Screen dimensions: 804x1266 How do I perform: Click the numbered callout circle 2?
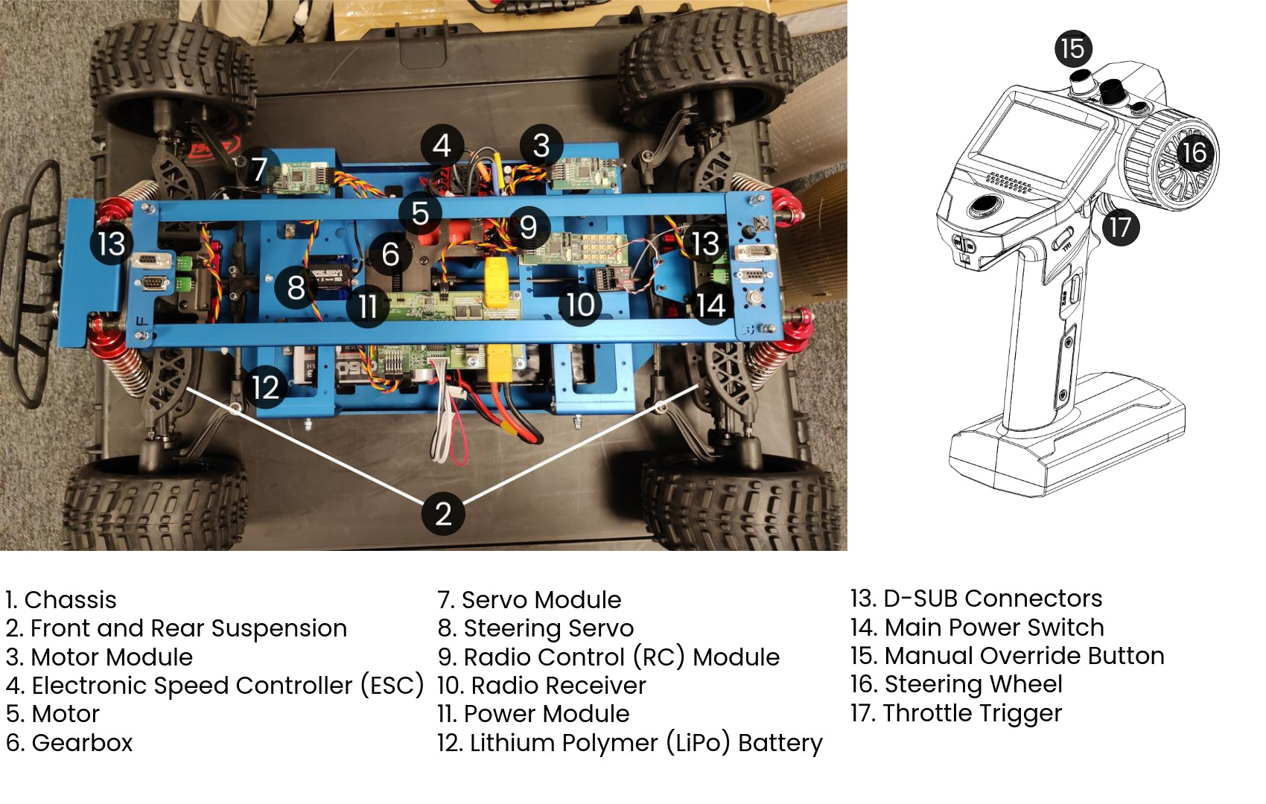coord(443,514)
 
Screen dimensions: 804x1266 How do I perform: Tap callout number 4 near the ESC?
coord(442,145)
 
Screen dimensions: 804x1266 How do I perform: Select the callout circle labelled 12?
coord(265,387)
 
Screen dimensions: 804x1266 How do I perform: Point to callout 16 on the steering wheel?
coord(1194,153)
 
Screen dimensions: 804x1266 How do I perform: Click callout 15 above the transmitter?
coord(1072,49)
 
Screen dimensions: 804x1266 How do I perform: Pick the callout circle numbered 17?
coord(1120,227)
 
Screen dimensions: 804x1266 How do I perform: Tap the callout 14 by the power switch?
coord(710,305)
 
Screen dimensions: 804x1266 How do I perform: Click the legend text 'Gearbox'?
coord(82,743)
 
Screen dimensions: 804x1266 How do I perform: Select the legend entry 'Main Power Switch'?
coord(993,628)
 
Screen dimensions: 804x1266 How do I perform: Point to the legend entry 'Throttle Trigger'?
coord(971,713)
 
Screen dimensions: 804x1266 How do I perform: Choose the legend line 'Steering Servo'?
coord(548,628)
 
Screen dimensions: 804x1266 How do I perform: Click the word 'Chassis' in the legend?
coord(70,600)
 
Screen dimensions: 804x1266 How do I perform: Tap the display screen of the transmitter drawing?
coord(1035,146)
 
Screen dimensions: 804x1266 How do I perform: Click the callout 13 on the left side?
coord(112,244)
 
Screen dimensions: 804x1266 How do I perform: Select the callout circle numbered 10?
coord(580,304)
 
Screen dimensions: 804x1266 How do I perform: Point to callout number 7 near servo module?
coord(258,169)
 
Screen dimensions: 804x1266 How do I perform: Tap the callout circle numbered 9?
coord(528,226)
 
